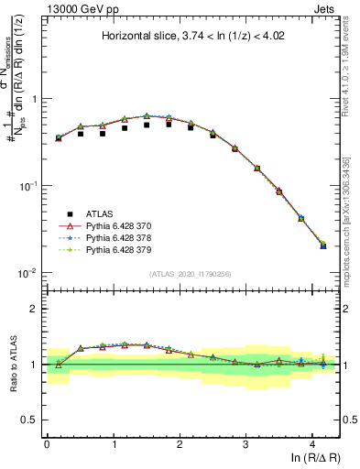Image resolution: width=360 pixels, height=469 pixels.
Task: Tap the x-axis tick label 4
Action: tap(312, 442)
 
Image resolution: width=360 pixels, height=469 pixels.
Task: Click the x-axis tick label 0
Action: tap(47, 442)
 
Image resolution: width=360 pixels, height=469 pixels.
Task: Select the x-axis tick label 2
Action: tap(180, 442)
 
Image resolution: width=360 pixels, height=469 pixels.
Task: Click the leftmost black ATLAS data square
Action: tap(59, 137)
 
